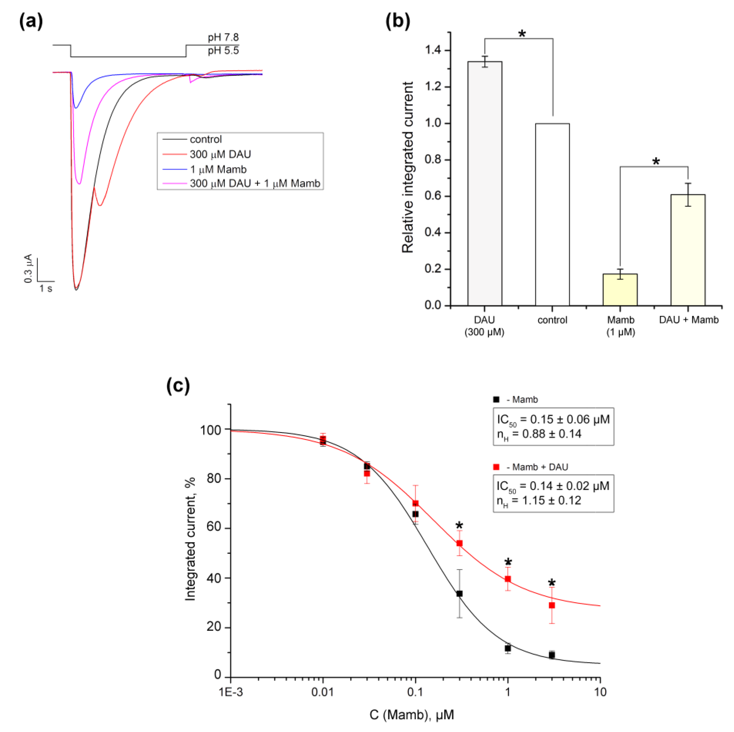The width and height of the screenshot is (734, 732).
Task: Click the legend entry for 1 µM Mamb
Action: tap(218, 169)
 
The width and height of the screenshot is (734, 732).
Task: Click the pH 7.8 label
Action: tap(223, 37)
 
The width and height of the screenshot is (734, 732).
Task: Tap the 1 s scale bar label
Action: tap(46, 289)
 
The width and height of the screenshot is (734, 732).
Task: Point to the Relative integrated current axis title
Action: tap(408, 167)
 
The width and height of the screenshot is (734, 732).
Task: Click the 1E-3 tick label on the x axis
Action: tap(231, 692)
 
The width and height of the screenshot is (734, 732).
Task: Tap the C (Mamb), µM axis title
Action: tap(411, 715)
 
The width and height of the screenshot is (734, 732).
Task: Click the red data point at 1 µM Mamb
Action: tap(508, 579)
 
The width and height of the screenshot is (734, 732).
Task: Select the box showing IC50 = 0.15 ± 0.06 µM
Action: tap(553, 427)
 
